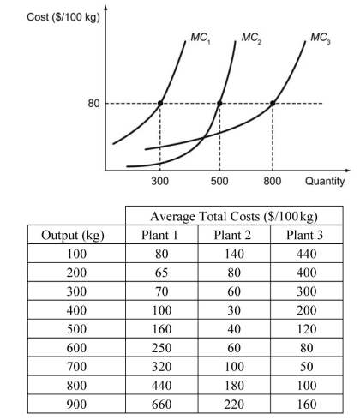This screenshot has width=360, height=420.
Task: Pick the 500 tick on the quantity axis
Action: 219,182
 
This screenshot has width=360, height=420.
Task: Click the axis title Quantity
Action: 323,182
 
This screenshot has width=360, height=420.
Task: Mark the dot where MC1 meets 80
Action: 159,104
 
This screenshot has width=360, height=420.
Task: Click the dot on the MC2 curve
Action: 220,104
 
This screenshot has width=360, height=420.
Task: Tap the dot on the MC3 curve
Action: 273,104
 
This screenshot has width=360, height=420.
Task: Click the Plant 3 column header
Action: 303,236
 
